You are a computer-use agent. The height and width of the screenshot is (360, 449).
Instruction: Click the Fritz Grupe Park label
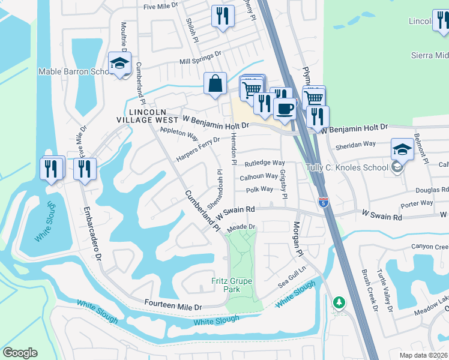232,285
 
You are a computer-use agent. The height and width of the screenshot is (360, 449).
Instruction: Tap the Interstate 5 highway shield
323,202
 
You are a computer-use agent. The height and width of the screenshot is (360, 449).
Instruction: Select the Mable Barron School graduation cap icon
120,64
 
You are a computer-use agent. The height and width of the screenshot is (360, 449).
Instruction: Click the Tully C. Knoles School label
346,167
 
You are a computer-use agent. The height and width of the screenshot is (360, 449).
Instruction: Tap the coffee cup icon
285,109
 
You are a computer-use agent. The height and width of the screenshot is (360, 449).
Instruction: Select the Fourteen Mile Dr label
173,305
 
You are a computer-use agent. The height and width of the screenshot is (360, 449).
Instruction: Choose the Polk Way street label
259,189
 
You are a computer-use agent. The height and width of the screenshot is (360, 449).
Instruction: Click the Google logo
20,352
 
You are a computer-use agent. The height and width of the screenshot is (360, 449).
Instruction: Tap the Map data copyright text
421,355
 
